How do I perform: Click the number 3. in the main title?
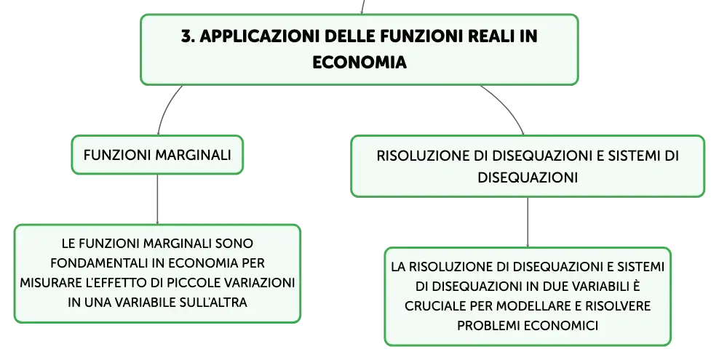[x=188, y=36]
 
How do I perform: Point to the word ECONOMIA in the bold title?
[x=359, y=62]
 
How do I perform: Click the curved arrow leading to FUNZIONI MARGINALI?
[x=166, y=108]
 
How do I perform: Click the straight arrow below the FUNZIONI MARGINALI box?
[x=157, y=199]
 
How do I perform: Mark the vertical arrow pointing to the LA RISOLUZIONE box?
[x=528, y=222]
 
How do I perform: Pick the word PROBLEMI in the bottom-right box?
[x=488, y=325]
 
